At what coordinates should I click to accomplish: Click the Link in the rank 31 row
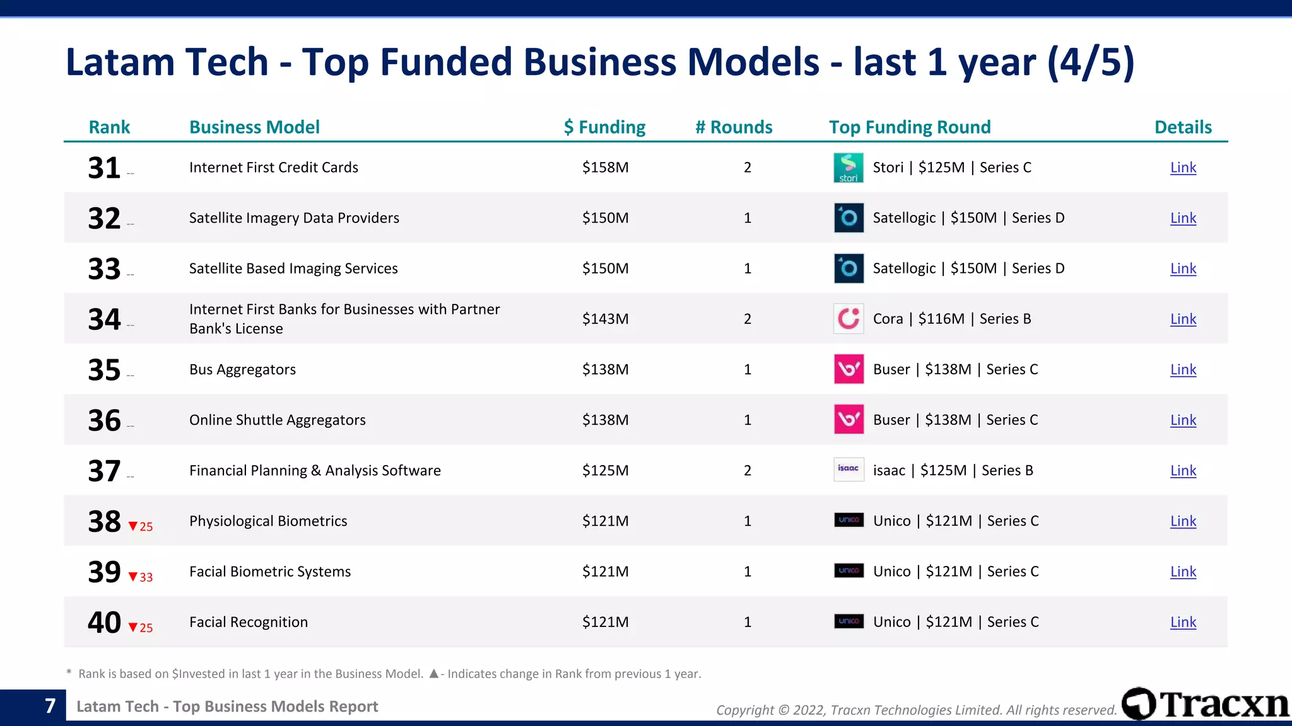1183,168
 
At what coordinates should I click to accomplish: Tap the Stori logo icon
849,168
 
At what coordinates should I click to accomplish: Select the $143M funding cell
605,319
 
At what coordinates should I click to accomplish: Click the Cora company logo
849,319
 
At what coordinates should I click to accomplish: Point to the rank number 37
104,471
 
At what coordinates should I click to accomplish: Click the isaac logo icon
849,470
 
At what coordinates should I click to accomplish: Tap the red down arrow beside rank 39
133,577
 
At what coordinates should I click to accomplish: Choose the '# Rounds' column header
734,127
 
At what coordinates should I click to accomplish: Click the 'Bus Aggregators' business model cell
242,369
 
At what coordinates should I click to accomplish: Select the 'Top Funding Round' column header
910,127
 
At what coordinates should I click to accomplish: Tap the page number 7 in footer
50,706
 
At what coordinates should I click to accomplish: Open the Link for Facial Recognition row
1183,622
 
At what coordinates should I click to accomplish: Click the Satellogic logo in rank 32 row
849,218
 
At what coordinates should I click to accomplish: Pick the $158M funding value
605,168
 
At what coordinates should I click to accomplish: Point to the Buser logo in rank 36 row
849,420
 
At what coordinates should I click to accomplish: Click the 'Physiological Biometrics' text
268,521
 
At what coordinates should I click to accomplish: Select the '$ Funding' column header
604,127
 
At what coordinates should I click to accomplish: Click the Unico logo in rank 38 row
849,520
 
